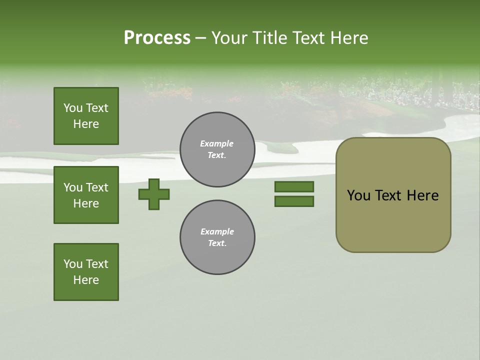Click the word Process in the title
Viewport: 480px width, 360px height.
pos(157,38)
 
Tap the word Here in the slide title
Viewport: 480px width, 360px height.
pos(349,38)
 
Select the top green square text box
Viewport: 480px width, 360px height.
pos(86,116)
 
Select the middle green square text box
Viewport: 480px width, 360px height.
pos(86,195)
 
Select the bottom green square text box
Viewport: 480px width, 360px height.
pos(86,272)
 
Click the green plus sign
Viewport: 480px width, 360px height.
pos(154,194)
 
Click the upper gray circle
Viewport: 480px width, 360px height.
pos(217,149)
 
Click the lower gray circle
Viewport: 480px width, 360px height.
pos(217,237)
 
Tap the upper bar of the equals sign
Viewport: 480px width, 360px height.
pos(294,186)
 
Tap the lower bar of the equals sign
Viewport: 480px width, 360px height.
pos(294,201)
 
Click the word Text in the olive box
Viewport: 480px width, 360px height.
pos(389,195)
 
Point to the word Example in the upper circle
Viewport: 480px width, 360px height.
pos(217,143)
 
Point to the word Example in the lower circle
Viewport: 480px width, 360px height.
pos(217,231)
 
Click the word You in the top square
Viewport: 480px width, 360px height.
pos(73,108)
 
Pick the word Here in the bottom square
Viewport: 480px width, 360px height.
pos(86,280)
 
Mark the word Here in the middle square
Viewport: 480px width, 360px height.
pos(86,203)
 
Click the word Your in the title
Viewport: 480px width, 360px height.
pos(228,38)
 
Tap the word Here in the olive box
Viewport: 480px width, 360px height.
pos(422,195)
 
